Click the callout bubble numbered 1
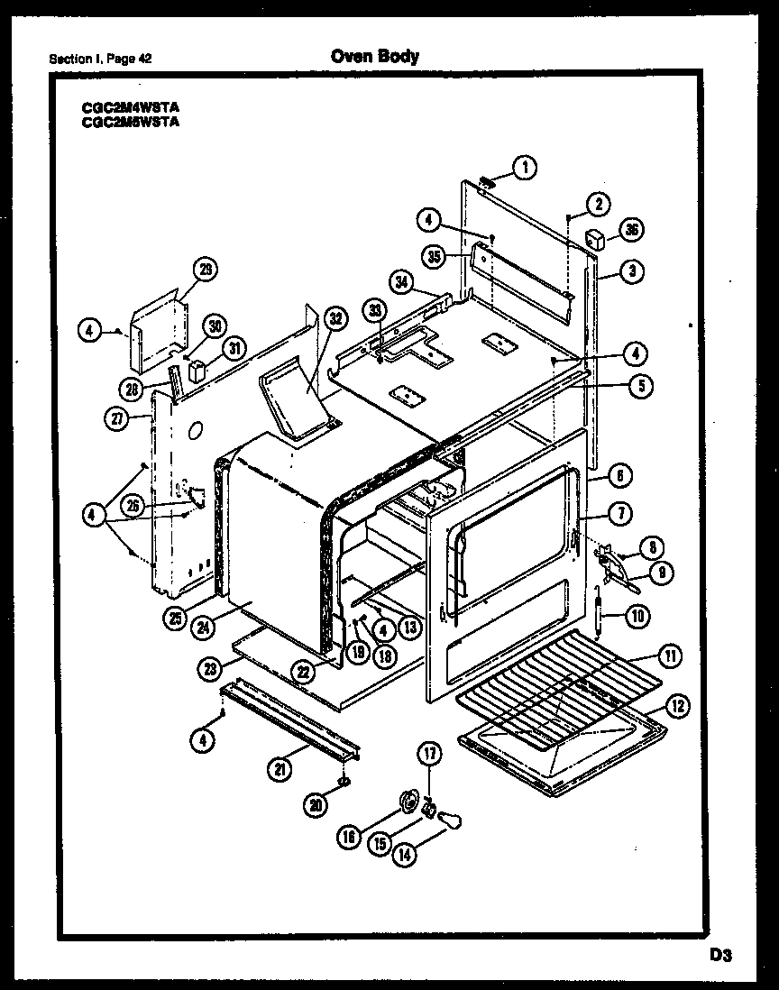[523, 166]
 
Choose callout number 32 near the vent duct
[335, 317]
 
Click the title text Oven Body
[374, 57]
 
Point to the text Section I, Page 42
[100, 60]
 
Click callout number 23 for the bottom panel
[212, 668]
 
